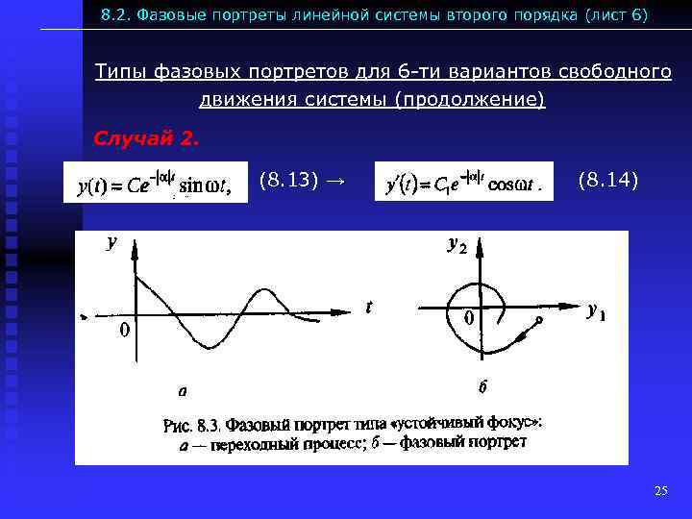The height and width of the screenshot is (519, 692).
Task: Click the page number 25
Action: [x=660, y=491]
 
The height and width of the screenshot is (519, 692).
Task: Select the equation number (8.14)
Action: [x=608, y=179]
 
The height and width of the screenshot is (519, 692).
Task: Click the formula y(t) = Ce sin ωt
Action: [x=154, y=183]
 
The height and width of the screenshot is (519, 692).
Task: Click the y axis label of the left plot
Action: [x=111, y=243]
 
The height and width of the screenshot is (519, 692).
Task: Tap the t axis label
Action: [x=368, y=307]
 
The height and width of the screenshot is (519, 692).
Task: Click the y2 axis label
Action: [x=457, y=245]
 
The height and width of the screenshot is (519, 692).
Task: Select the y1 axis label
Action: [x=597, y=310]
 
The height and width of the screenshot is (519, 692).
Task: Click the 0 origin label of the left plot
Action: [x=124, y=330]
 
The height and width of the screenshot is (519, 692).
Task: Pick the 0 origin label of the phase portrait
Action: [x=469, y=317]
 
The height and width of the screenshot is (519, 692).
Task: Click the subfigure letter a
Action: [x=182, y=391]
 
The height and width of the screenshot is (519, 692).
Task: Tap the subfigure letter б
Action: [x=483, y=387]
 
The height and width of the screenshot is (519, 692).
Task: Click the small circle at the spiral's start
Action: [x=540, y=319]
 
